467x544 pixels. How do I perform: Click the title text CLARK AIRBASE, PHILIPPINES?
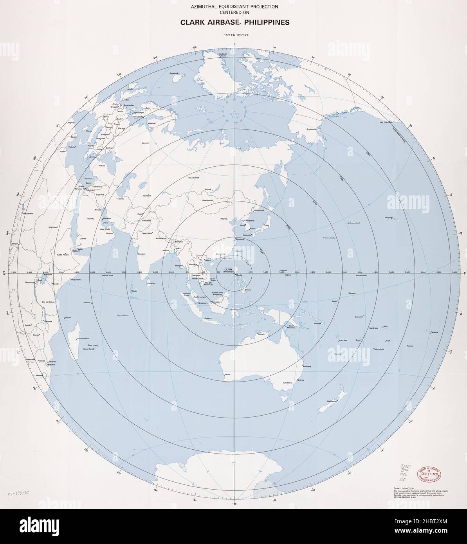pos(235,22)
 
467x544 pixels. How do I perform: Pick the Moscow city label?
pos(146,142)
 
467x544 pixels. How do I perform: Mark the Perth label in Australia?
pos(227,375)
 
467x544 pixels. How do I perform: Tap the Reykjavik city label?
pos(175,74)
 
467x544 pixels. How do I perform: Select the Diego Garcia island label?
pos(122,315)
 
